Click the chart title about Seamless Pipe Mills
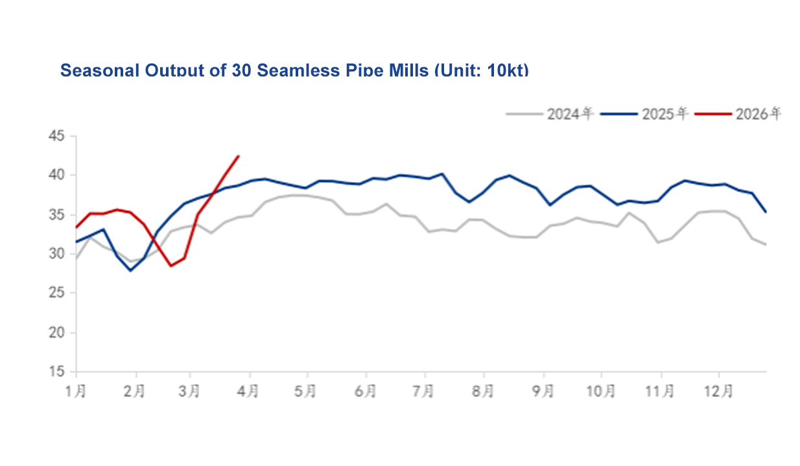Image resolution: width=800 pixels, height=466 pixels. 294,70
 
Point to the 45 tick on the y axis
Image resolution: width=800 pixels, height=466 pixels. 56,136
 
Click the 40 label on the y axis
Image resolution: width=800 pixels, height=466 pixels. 56,175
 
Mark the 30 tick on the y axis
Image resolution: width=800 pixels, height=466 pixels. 56,253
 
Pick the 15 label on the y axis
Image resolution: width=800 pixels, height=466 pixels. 56,372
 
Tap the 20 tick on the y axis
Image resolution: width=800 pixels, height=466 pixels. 56,332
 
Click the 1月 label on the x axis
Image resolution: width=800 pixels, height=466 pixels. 76,391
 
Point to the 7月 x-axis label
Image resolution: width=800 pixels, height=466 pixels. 425,391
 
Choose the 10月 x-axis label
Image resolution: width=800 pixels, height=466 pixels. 600,391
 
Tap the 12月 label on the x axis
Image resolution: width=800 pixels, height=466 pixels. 718,391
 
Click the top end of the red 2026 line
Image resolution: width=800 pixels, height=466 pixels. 239,156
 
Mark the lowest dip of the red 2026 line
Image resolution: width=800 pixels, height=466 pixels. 171,266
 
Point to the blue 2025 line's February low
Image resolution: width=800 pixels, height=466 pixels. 131,270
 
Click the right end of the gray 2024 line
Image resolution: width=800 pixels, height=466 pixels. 766,244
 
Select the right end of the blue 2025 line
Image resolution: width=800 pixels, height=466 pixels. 766,211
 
